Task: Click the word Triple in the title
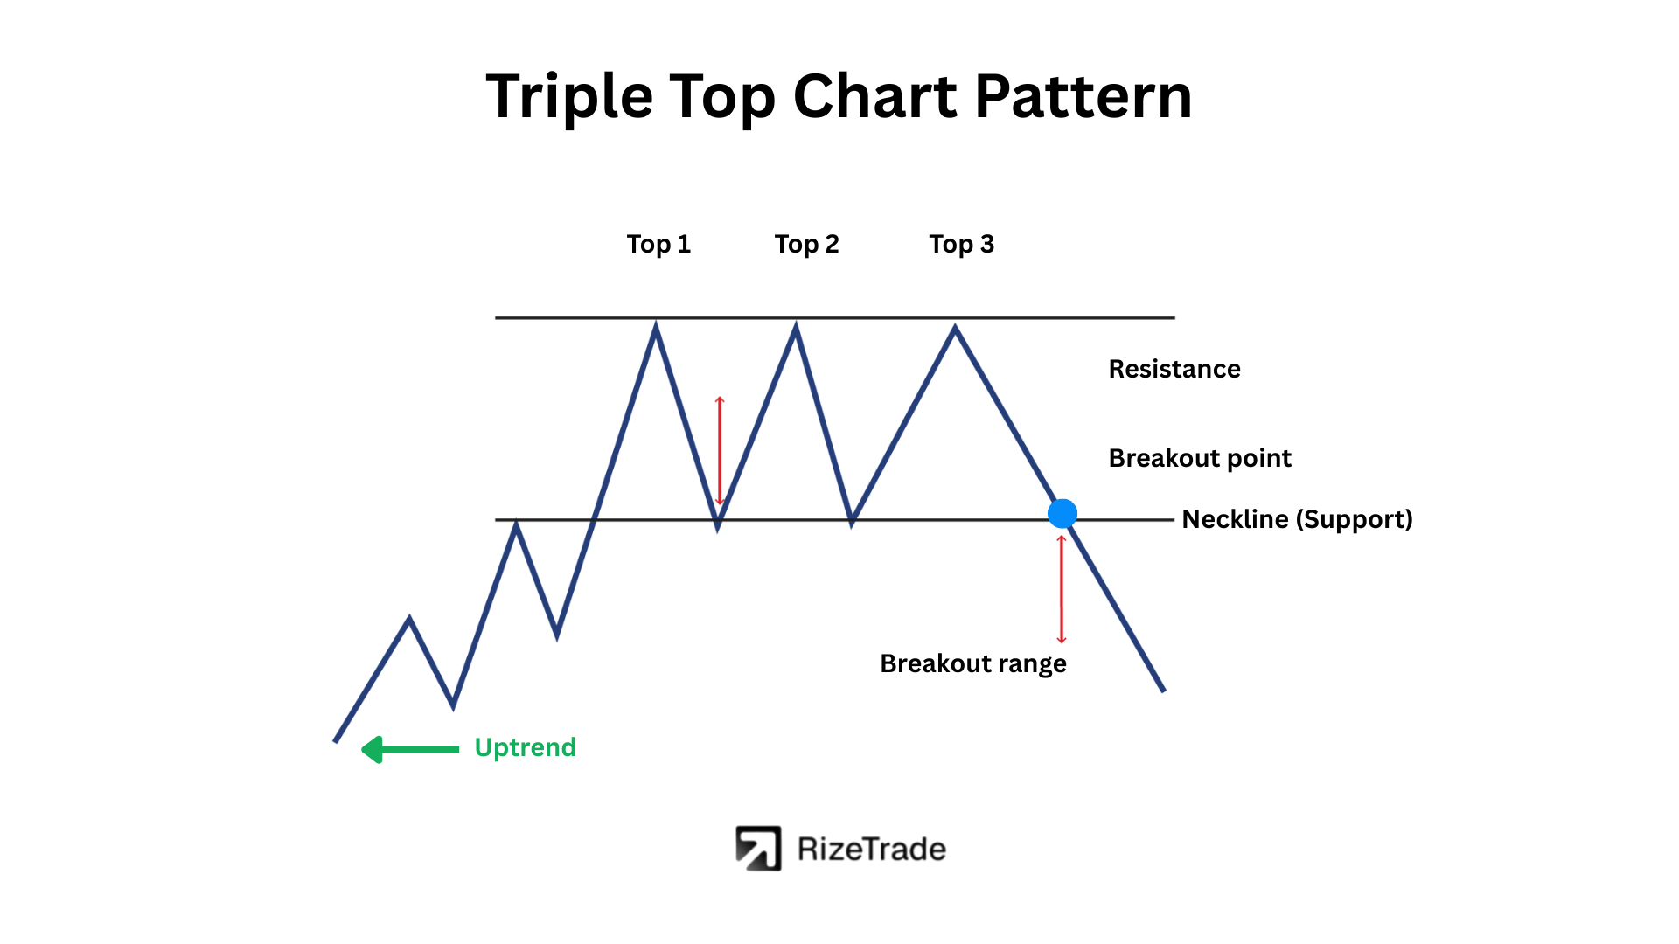[569, 96]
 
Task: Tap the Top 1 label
[658, 245]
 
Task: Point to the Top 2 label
[806, 245]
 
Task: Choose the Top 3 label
[961, 245]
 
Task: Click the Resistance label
[1174, 369]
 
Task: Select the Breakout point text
[1200, 458]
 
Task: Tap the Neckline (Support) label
[1297, 519]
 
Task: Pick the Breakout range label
[973, 664]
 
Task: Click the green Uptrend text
[525, 747]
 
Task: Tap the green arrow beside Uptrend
[410, 749]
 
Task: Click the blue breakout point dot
[1062, 514]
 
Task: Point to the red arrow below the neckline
[1062, 589]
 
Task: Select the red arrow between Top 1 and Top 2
[720, 451]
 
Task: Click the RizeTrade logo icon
[758, 849]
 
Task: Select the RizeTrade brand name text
[872, 850]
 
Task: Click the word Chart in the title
[874, 96]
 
